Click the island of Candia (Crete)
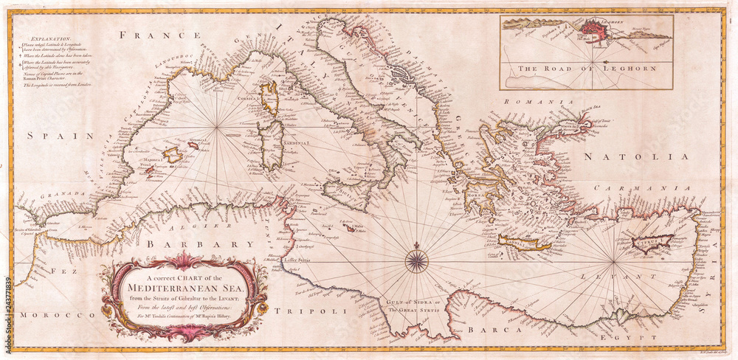click(x=523, y=243)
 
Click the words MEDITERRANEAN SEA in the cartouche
click(x=184, y=280)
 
